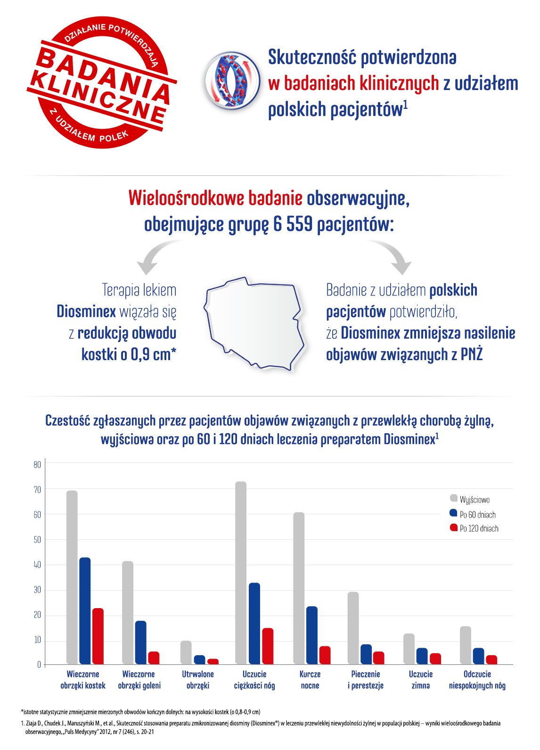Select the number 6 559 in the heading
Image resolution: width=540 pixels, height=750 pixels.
coord(292,224)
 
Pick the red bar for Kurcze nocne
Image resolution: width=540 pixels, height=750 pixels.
coord(325,655)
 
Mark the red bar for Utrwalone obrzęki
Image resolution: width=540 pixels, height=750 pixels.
coord(213,661)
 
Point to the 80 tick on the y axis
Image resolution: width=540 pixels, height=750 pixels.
coord(37,465)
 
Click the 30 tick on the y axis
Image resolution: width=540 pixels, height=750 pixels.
coord(37,590)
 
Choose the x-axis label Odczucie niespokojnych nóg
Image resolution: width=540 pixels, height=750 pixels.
coord(477,680)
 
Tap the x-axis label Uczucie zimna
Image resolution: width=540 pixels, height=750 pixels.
coord(420,680)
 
